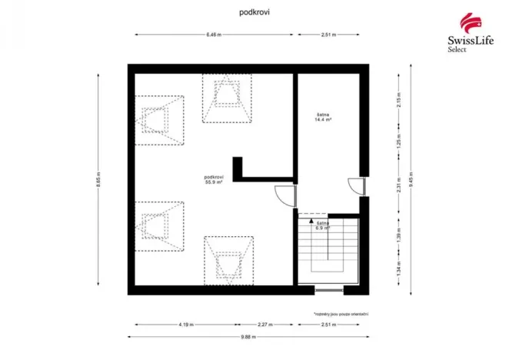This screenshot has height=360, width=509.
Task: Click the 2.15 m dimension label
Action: pyautogui.click(x=399, y=107)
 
